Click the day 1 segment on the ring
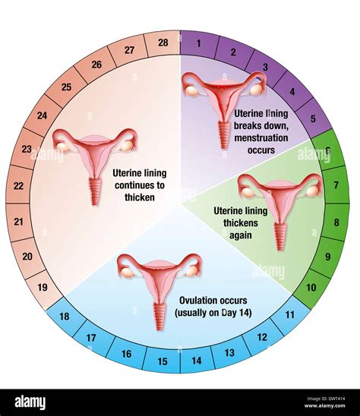pos(198,44)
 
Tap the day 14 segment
pos(197,361)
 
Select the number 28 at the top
pos(163,43)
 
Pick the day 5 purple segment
pos(313,118)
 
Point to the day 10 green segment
pos(311,287)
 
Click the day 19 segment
pos(43,287)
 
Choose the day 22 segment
pos(18,186)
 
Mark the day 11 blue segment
pos(290,314)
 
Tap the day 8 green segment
pos(336,222)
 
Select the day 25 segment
pos(66,87)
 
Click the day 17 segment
pos(91,338)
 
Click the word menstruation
pos(261,138)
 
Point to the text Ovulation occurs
pos(213,301)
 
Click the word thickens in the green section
pos(241,223)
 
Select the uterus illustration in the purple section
pos(224,109)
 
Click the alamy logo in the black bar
pos(30,402)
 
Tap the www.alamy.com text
pos(325,406)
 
